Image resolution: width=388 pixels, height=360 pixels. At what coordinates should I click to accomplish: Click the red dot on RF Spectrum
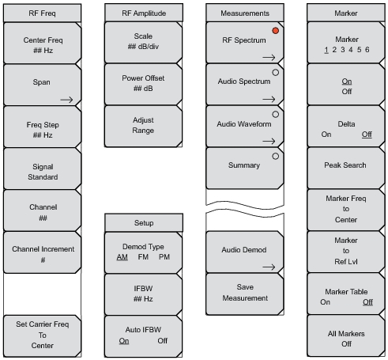click(x=275, y=30)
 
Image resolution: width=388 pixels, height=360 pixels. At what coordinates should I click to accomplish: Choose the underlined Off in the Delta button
click(x=367, y=135)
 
